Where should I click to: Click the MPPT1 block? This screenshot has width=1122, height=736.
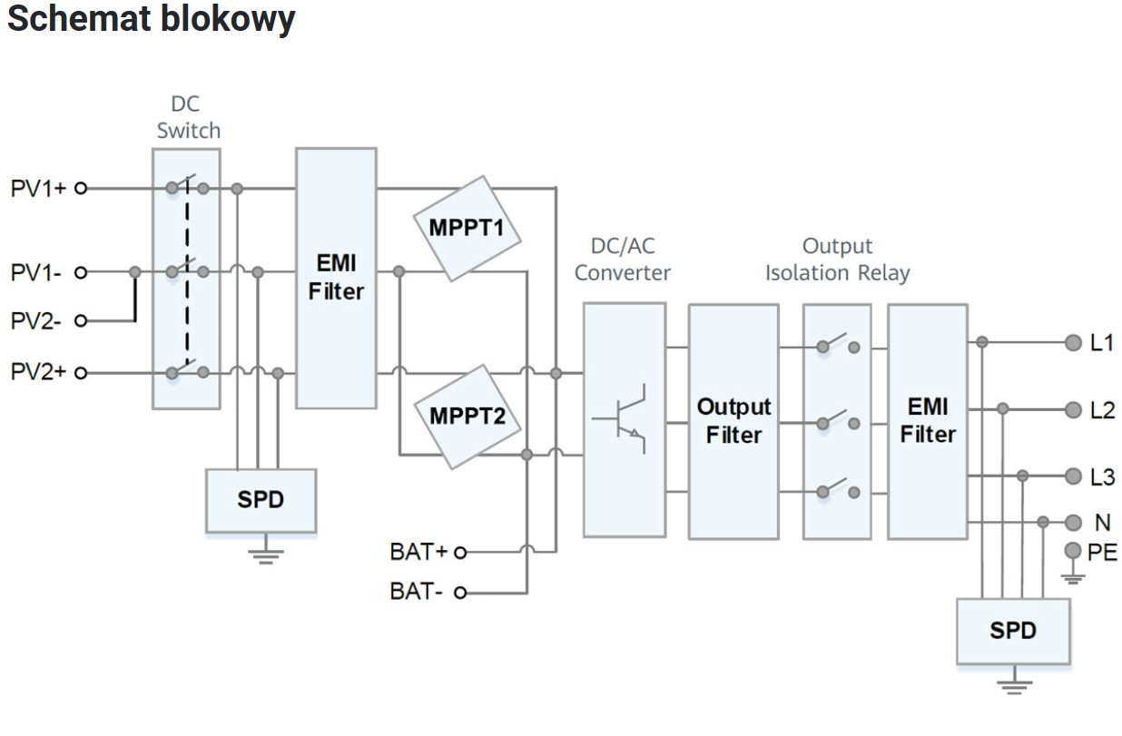click(x=467, y=228)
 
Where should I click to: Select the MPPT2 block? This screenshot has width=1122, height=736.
click(x=467, y=417)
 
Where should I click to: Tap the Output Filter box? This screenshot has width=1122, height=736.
click(x=733, y=420)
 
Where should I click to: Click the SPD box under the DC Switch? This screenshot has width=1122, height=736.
click(x=261, y=500)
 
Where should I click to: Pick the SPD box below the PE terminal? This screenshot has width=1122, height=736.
click(x=1012, y=630)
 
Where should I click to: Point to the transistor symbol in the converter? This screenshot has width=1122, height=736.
click(x=623, y=418)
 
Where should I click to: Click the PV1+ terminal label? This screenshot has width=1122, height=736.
click(x=38, y=189)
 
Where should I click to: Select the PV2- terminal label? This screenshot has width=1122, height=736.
click(x=37, y=320)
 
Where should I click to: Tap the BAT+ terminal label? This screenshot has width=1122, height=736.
click(x=418, y=551)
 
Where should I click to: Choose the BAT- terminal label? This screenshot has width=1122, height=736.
click(x=417, y=592)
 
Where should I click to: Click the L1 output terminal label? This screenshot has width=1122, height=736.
click(x=1102, y=342)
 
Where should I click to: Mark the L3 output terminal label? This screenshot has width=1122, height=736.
click(x=1102, y=476)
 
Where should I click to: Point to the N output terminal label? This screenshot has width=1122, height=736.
click(x=1102, y=522)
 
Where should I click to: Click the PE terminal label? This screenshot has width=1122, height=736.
click(x=1102, y=552)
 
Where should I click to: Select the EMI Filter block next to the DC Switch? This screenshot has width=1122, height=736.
click(x=335, y=278)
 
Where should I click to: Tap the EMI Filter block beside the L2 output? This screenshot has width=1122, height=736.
click(x=927, y=420)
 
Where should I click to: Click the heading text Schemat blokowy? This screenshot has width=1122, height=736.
click(x=151, y=18)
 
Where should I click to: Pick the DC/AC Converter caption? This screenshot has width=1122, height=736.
click(x=622, y=259)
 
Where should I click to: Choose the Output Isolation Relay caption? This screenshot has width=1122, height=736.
click(x=836, y=259)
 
